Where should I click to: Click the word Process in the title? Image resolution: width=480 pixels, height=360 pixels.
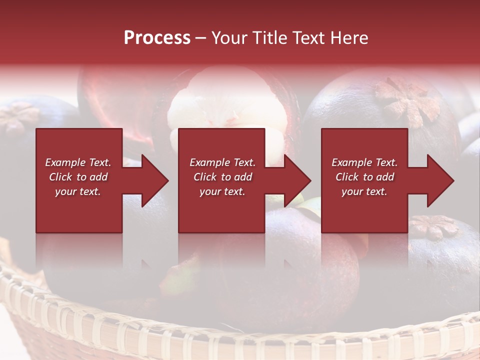tap(157, 38)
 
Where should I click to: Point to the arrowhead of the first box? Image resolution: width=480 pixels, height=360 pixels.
tap(152, 180)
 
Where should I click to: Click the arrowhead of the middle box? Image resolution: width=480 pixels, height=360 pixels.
tap(295, 180)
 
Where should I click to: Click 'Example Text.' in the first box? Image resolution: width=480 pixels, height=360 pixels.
tap(78, 162)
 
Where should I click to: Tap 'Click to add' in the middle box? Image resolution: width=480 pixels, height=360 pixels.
tap(222, 177)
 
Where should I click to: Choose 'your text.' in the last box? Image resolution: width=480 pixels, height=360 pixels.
tap(364, 191)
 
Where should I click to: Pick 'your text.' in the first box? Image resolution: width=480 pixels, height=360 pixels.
tap(78, 191)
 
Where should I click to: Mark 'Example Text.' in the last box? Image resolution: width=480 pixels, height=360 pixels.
tap(364, 162)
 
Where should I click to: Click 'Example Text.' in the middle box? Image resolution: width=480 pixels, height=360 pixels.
tap(222, 162)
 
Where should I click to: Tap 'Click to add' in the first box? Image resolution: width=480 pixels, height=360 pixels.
tap(78, 177)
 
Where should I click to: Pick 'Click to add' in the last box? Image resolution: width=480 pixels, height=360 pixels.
tap(364, 177)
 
